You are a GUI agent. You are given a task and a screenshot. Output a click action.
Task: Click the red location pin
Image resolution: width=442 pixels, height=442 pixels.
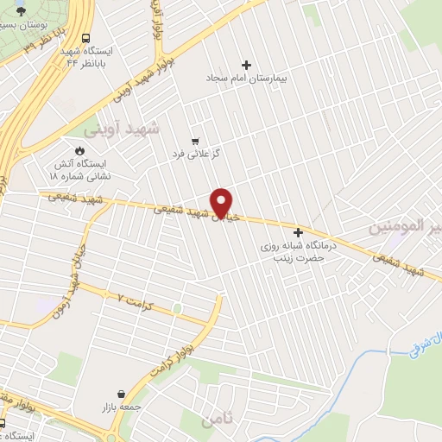coord(222,202)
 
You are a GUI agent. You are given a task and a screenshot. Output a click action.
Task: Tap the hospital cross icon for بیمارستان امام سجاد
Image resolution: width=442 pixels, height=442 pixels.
coord(247,65)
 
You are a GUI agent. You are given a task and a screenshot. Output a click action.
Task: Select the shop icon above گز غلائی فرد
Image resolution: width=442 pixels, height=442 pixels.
coord(196,141)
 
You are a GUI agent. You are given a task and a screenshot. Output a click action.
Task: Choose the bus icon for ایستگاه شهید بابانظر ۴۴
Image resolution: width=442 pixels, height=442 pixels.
coord(85,38)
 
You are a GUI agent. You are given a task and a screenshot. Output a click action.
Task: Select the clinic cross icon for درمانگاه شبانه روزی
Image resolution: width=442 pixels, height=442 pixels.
coord(299,232)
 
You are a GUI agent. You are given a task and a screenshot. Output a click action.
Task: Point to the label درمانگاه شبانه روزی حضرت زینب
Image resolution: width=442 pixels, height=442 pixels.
coord(302,251)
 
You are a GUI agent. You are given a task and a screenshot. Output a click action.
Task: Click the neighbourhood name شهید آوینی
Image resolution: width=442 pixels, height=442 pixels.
coord(123,129)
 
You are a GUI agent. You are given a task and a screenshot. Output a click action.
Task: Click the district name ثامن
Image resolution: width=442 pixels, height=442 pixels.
coord(216,420)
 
